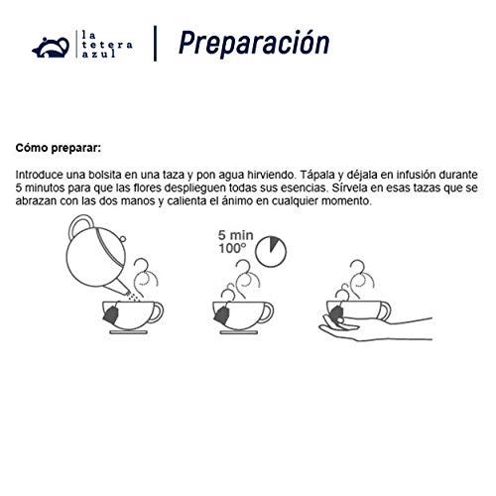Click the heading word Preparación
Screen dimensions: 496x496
(253, 43)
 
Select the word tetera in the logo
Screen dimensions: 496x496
(103, 45)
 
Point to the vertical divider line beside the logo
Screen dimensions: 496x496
(155, 43)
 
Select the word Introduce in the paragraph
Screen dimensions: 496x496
(43, 174)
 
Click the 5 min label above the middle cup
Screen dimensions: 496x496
(231, 239)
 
